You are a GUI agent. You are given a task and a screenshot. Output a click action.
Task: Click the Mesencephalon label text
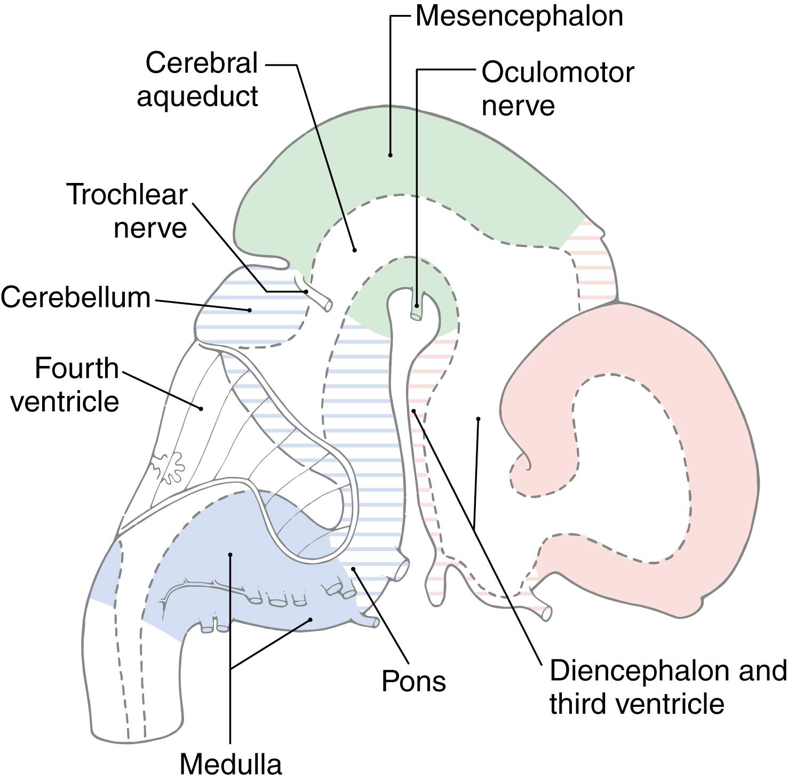pyautogui.click(x=519, y=16)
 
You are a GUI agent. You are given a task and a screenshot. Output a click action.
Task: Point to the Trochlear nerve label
pyautogui.click(x=127, y=211)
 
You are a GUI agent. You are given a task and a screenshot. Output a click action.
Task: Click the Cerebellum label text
pyautogui.click(x=76, y=297)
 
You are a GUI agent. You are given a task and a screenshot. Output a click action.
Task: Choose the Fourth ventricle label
pyautogui.click(x=65, y=385)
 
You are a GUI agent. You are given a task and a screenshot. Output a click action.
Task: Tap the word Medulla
pyautogui.click(x=230, y=764)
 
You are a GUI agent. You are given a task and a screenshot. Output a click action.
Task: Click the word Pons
pyautogui.click(x=413, y=681)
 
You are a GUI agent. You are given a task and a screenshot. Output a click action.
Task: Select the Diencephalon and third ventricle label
pyautogui.click(x=667, y=687)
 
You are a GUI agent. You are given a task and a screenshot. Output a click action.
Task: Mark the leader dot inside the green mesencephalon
pyautogui.click(x=391, y=155)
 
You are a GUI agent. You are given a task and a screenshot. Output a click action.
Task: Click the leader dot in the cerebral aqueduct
pyautogui.click(x=354, y=250)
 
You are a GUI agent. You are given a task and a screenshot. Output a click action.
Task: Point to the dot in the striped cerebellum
pyautogui.click(x=249, y=310)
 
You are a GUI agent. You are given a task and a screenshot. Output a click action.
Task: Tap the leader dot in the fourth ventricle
pyautogui.click(x=201, y=409)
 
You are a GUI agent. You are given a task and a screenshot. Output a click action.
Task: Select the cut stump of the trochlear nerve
pyautogui.click(x=326, y=305)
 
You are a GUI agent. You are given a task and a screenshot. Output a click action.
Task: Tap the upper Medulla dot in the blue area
pyautogui.click(x=230, y=555)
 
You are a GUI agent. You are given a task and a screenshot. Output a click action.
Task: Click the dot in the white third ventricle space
pyautogui.click(x=479, y=419)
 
